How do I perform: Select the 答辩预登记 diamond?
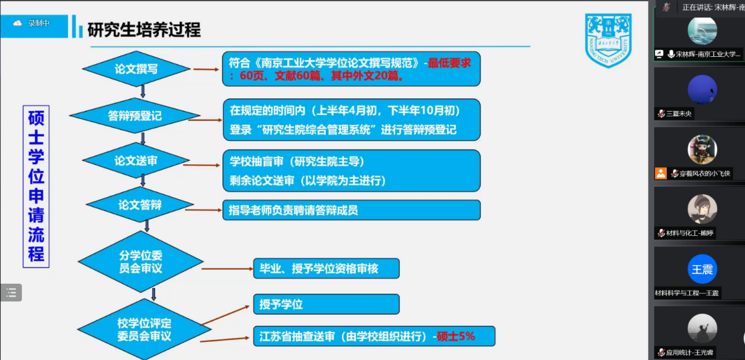coord(135,116)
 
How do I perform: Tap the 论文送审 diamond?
coord(136,160)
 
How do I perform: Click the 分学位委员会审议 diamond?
coord(140,262)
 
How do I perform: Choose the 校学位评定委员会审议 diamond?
coord(140,330)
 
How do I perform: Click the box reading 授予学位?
coord(326,304)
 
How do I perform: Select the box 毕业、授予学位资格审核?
coord(326,268)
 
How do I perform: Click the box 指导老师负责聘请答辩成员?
coord(351,210)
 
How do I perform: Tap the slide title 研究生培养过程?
coord(144,30)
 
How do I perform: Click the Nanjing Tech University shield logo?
coord(608,40)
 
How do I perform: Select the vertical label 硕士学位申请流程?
coord(36,186)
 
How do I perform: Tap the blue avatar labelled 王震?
coord(702,270)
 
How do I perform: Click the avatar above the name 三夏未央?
coord(702,90)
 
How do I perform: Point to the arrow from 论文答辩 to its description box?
coord(203,209)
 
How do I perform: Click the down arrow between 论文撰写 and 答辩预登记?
coord(143,92)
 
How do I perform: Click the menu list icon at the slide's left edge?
coord(11,293)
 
